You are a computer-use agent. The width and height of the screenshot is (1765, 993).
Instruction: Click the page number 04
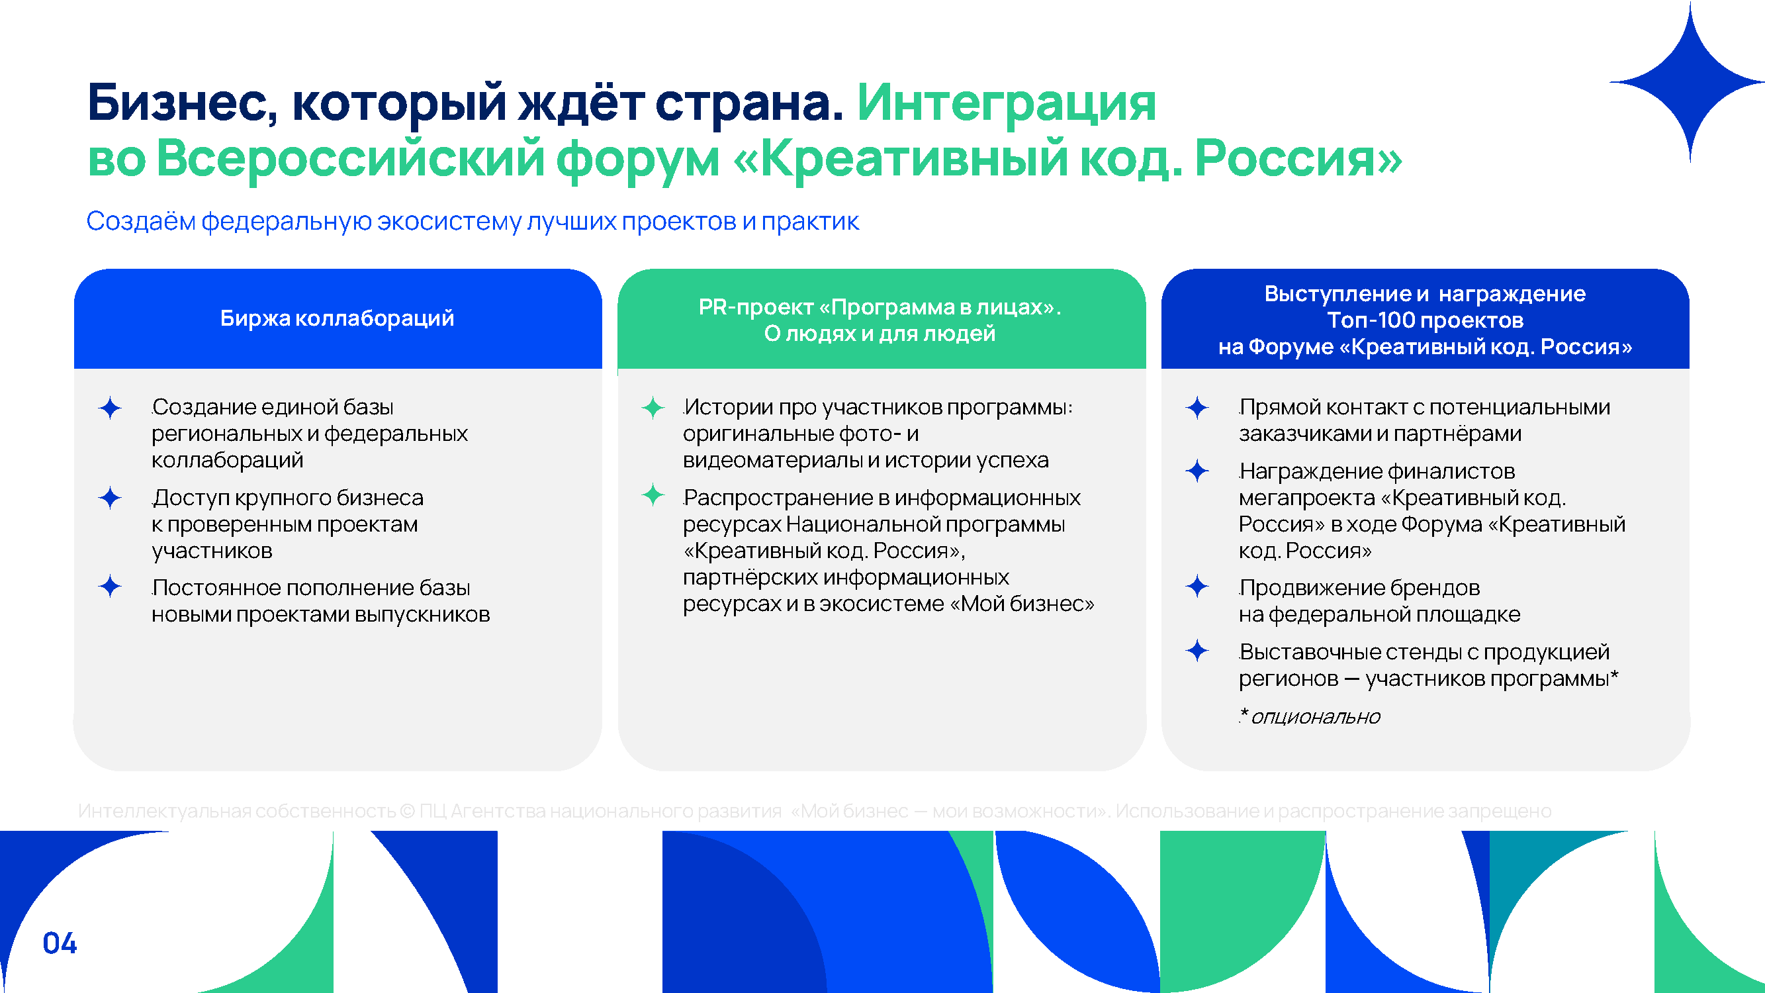click(60, 943)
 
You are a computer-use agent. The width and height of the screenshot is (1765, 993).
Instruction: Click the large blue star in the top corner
click(1690, 82)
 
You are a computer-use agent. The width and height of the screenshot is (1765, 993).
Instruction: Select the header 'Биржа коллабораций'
click(337, 318)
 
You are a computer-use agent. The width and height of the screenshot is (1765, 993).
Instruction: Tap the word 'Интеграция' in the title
click(1007, 103)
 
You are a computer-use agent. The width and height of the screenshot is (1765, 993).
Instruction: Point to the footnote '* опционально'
click(1310, 716)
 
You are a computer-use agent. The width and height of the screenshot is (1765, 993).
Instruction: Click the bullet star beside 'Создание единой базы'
click(110, 408)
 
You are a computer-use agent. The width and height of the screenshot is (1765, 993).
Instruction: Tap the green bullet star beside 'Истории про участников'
click(653, 408)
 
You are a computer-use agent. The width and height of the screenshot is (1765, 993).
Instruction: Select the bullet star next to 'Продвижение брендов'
click(1197, 587)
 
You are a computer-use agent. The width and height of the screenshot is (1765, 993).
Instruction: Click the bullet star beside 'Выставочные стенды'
click(1197, 650)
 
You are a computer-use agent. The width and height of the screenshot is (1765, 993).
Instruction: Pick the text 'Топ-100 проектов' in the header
click(1425, 320)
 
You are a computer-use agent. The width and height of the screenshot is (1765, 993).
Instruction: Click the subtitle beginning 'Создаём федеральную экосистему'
click(472, 221)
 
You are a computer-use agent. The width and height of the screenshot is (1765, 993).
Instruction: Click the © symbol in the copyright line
click(407, 812)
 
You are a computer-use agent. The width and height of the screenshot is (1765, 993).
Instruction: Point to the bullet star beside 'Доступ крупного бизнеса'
click(110, 498)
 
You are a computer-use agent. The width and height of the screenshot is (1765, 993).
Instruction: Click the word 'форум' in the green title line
click(638, 159)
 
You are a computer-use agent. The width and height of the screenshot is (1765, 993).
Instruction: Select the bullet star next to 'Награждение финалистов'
click(1197, 471)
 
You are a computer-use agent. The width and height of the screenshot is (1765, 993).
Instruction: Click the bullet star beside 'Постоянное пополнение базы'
click(110, 587)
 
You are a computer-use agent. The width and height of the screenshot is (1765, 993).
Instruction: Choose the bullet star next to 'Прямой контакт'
click(1197, 408)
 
